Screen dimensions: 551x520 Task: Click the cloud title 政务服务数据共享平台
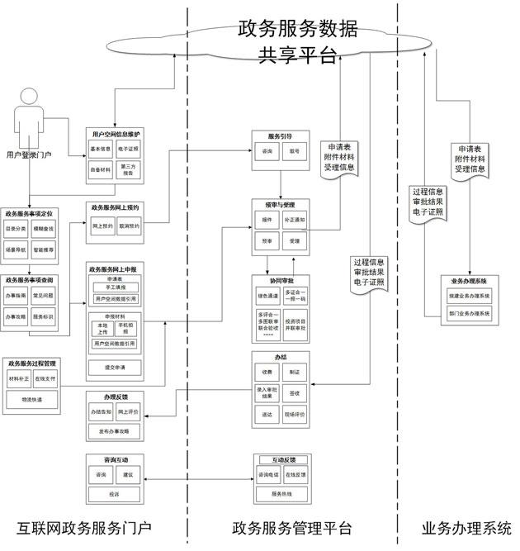298,42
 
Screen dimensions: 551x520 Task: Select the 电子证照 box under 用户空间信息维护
130,150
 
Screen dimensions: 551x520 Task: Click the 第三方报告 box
130,169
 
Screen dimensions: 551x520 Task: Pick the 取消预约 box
130,226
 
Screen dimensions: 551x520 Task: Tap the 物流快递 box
32,399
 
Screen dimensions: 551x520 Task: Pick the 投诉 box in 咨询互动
116,493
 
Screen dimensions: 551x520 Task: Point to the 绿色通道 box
268,294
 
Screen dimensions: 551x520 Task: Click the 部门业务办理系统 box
469,315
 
